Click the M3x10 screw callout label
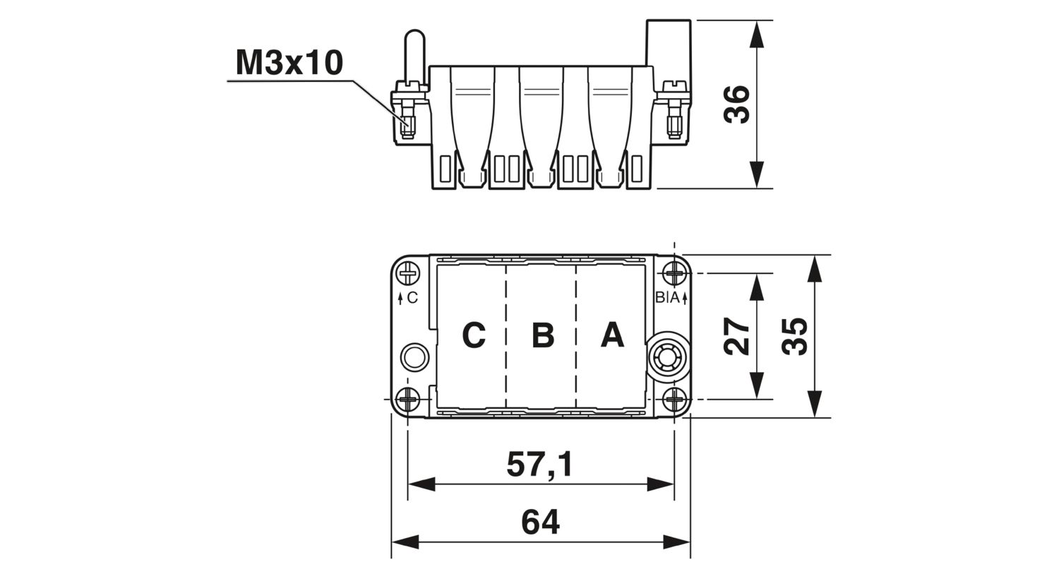tap(289, 63)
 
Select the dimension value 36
tap(736, 105)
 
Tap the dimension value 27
tap(736, 336)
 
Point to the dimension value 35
tap(794, 336)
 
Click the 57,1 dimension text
tap(540, 464)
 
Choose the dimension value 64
tap(540, 522)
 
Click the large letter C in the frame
tap(474, 335)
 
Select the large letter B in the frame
tap(543, 335)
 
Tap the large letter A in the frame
tap(612, 335)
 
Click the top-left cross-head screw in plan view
tap(407, 273)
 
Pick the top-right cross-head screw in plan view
tap(675, 273)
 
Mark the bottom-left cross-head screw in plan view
tap(407, 399)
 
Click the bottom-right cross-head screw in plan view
tap(675, 399)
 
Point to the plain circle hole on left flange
tap(414, 357)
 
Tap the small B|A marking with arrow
tap(671, 298)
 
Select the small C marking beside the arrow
tap(412, 298)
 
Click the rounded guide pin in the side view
tap(414, 56)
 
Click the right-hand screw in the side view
tap(674, 111)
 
